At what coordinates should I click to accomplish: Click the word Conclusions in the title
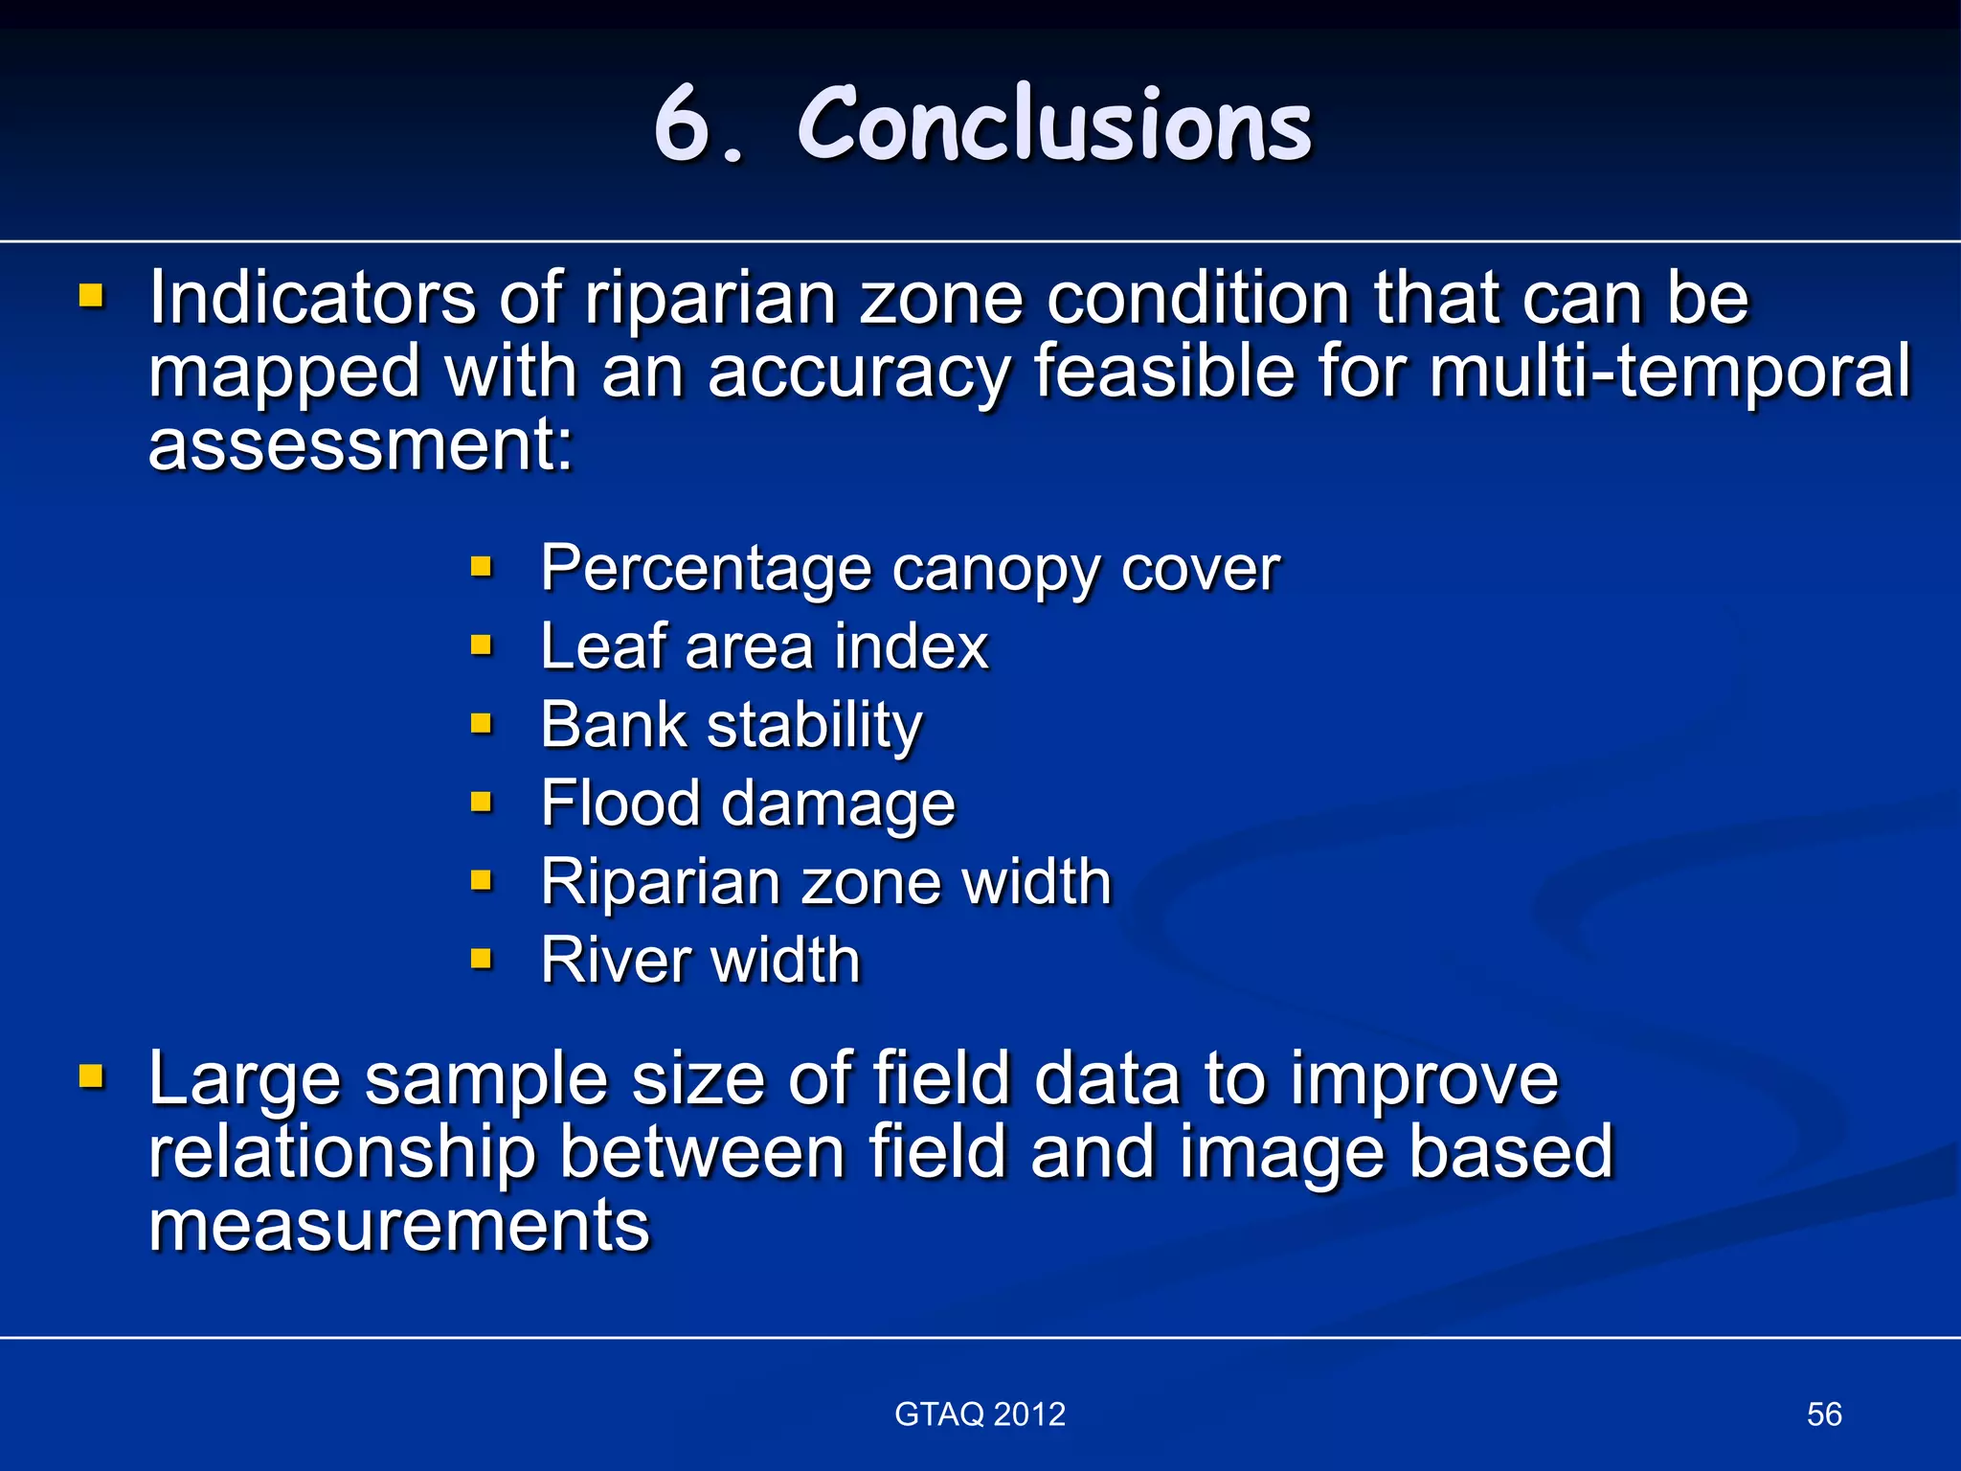(x=1053, y=124)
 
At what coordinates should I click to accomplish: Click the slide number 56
(x=1824, y=1414)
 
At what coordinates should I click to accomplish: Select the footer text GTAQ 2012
(x=980, y=1414)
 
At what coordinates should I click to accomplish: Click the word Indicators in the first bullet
(x=312, y=299)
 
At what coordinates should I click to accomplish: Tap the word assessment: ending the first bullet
(x=361, y=445)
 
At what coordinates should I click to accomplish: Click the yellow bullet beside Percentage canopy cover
(x=481, y=567)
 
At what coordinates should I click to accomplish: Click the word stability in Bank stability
(x=815, y=725)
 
